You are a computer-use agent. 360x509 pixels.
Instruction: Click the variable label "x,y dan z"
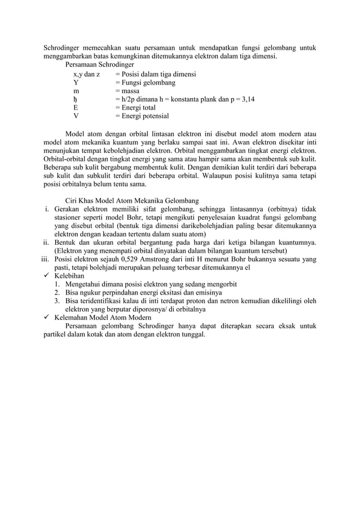pyautogui.click(x=87, y=74)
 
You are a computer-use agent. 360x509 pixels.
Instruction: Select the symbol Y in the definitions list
pyautogui.click(x=76, y=82)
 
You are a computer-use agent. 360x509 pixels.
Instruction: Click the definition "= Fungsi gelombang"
pyautogui.click(x=145, y=82)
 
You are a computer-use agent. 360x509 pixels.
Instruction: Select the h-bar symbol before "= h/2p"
pyautogui.click(x=76, y=99)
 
